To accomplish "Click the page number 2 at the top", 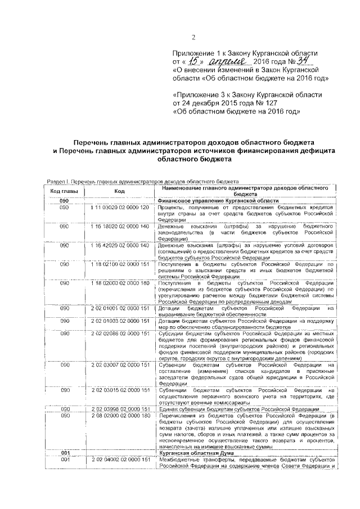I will pyautogui.click(x=192, y=38).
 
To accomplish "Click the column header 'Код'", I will pyautogui.click(x=119, y=191).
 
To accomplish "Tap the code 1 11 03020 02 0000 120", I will pyautogui.click(x=119, y=208).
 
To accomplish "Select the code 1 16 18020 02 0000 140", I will pyautogui.click(x=119, y=226).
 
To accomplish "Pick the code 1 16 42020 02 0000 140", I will pyautogui.click(x=119, y=246).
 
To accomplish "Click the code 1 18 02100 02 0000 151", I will pyautogui.click(x=119, y=264).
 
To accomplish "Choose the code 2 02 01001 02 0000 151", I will pyautogui.click(x=119, y=308).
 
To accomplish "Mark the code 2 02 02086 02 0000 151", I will pyautogui.click(x=119, y=334).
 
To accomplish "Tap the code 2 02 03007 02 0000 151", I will pyautogui.click(x=119, y=365).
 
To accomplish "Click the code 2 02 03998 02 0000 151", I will pyautogui.click(x=119, y=409).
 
